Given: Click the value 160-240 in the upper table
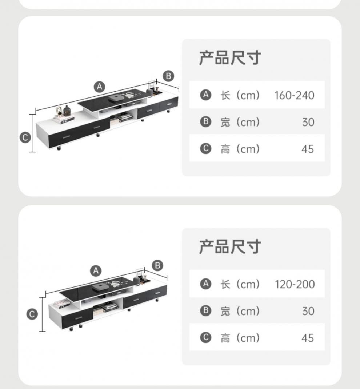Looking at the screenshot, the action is [x=294, y=95].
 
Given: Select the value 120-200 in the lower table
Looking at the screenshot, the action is [x=295, y=284].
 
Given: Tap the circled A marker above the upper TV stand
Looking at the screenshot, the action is [x=100, y=87].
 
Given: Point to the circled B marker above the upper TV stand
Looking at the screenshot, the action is [x=168, y=76].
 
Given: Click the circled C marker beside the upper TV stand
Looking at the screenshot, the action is [x=25, y=137].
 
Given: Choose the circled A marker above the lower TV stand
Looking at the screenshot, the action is [x=96, y=270].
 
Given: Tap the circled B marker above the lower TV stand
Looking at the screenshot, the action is [x=157, y=265].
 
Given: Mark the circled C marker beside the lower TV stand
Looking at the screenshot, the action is [x=32, y=314].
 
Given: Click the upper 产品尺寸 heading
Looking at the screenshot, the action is [x=230, y=58].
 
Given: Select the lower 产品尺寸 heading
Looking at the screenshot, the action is [x=230, y=247].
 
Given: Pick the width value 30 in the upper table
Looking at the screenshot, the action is [x=308, y=122].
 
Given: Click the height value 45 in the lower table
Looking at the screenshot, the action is [x=308, y=338].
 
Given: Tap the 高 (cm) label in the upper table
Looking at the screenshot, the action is [x=240, y=149].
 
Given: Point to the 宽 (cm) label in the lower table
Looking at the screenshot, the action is [x=240, y=311].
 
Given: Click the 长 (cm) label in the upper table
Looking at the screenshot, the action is [x=240, y=95].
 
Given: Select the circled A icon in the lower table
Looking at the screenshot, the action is [x=206, y=284].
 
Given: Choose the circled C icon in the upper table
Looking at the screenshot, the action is [x=206, y=149].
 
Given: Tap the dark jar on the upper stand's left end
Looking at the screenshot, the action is [x=67, y=111].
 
